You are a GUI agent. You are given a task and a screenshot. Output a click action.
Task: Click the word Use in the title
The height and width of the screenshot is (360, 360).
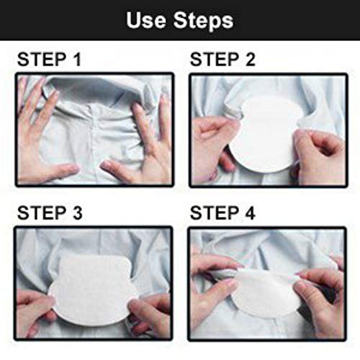tap(146, 20)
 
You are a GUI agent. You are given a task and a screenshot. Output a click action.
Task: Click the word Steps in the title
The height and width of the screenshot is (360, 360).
tap(203, 21)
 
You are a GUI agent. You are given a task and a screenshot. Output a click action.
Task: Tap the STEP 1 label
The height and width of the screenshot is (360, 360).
tap(49, 59)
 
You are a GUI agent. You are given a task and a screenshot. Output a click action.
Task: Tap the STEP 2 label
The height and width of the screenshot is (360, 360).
tap(222, 59)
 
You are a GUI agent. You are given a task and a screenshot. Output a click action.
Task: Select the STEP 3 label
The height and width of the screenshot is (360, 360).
tap(50, 213)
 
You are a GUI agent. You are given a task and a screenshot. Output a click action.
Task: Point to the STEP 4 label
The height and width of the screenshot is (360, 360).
tap(222, 213)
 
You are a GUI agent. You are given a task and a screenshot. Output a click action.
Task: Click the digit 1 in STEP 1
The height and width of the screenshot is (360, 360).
tap(77, 59)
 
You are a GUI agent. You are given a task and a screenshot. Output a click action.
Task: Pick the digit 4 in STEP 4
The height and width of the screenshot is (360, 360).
tap(250, 213)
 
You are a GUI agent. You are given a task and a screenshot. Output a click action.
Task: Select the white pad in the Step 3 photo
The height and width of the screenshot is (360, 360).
tap(92, 290)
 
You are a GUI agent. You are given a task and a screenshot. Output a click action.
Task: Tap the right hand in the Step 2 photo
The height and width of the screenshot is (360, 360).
tap(319, 157)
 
